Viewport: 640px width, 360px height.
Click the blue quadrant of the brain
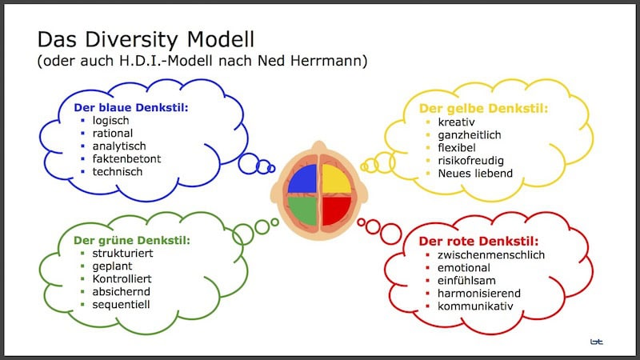coord(304,181)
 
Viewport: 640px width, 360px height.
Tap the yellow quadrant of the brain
coord(336,181)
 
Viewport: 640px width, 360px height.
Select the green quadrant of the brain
coord(304,211)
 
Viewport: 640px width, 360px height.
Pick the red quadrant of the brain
coord(336,211)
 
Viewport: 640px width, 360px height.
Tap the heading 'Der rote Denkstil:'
coord(479,241)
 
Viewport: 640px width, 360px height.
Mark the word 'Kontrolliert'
coord(122,278)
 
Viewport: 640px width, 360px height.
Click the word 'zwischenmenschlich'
coord(491,255)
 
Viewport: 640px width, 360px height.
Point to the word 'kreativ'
coord(446,122)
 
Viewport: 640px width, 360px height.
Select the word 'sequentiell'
coord(121,304)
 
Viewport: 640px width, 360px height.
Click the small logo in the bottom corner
coord(596,342)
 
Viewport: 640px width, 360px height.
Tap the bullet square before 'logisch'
coord(83,121)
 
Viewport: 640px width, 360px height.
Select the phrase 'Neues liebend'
coord(465,173)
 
